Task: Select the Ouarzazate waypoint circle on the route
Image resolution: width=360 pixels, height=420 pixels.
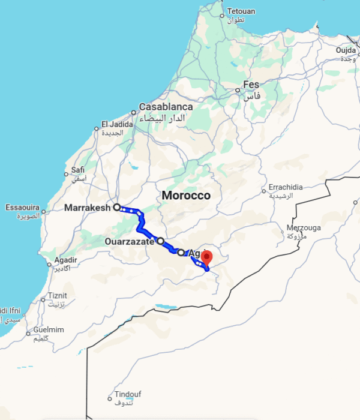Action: coord(161,241)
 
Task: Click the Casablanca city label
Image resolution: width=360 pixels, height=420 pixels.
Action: coord(166,107)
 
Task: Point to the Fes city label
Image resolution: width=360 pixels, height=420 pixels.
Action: coord(251,85)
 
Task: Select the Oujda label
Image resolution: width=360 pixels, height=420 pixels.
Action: coord(346,50)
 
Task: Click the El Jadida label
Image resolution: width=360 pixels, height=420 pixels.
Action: coord(116,124)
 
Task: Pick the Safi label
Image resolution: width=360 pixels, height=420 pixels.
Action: coord(78,170)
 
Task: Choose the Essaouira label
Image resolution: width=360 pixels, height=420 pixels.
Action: coord(22,208)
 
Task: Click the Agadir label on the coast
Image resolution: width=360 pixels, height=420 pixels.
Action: coord(66,260)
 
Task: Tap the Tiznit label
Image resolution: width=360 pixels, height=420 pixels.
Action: coord(58,295)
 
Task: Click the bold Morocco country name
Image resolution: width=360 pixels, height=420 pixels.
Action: coord(187,196)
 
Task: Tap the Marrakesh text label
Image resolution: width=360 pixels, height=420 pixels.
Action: coord(88,208)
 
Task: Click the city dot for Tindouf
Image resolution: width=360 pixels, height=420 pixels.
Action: coord(110,398)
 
